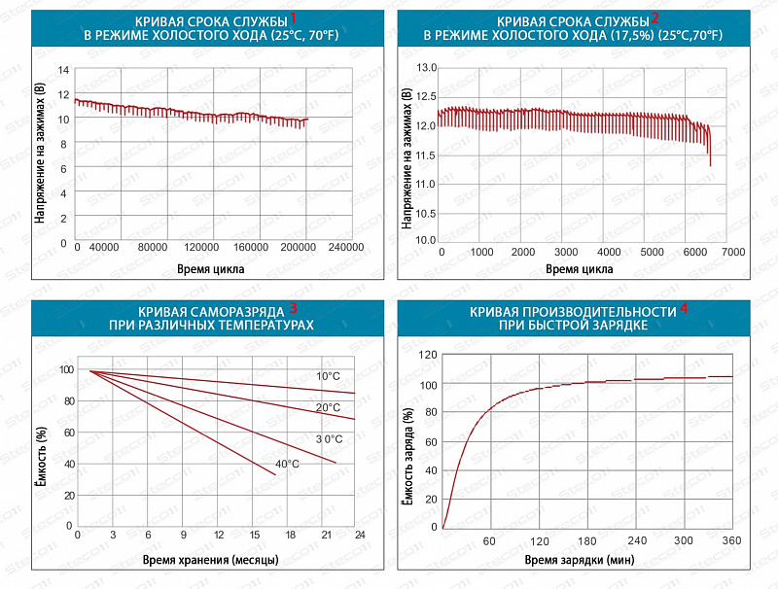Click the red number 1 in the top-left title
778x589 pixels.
click(294, 17)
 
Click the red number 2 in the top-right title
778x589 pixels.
click(655, 17)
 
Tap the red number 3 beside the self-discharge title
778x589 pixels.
click(293, 309)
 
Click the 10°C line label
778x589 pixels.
click(328, 376)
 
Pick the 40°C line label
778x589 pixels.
click(287, 465)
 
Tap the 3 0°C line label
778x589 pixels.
click(329, 439)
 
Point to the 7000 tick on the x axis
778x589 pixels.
click(733, 252)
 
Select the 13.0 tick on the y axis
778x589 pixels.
click(427, 68)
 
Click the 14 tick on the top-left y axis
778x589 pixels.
click(64, 70)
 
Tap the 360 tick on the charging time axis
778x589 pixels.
click(732, 540)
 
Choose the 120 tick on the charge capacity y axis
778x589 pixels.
click(428, 356)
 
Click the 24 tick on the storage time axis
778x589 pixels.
click(359, 536)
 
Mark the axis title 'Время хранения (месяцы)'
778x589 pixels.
click(211, 561)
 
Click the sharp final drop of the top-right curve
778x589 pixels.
click(710, 151)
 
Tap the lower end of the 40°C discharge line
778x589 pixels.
click(276, 474)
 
